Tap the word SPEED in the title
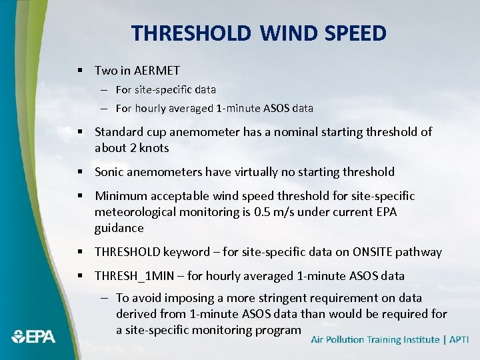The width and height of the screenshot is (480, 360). [355, 33]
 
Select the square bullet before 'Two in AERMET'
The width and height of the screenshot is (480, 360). [79, 70]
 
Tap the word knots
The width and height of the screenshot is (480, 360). [153, 148]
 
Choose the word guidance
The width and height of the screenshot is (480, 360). [119, 228]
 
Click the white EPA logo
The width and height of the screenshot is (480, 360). [33, 336]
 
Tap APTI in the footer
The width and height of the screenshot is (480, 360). [459, 339]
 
